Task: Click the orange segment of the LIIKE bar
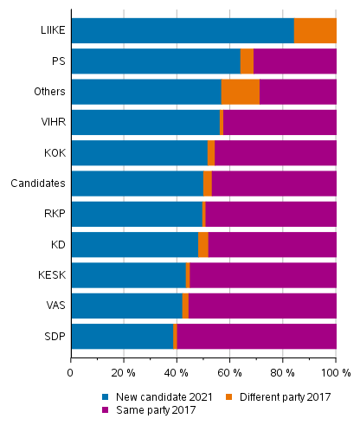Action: (x=315, y=30)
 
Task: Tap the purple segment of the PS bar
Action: (x=294, y=61)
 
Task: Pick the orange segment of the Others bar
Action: (x=240, y=92)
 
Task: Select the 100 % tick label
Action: (x=336, y=373)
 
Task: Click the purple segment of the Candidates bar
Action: (x=273, y=184)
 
